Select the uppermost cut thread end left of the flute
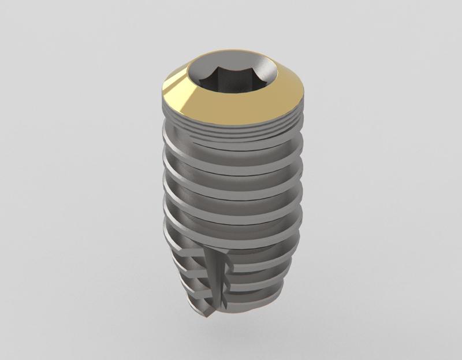(193, 254)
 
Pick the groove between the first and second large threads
(231, 162)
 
